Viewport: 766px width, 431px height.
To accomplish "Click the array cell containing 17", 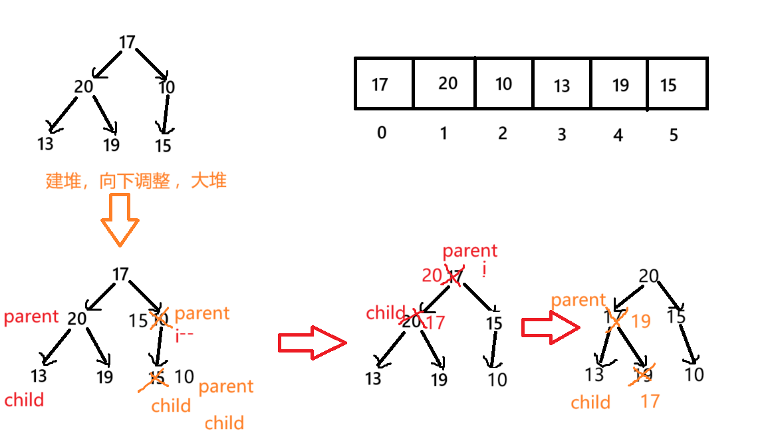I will tap(384, 84).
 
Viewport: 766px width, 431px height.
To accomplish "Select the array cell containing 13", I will tap(562, 84).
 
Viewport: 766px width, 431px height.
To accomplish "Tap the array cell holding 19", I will tap(620, 84).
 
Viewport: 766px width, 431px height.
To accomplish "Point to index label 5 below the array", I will tap(673, 135).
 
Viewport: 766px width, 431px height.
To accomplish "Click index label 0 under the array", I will tap(381, 133).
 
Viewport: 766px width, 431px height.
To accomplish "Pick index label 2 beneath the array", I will tap(502, 133).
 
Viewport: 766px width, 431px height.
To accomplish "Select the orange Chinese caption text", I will tap(136, 181).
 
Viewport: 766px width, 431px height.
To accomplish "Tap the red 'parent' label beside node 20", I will tap(31, 317).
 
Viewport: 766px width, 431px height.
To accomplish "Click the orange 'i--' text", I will tap(184, 336).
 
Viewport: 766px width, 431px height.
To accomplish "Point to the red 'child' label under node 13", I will tap(24, 400).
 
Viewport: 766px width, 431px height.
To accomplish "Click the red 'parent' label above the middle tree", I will tap(469, 251).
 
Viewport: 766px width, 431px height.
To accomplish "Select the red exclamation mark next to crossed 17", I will tap(485, 271).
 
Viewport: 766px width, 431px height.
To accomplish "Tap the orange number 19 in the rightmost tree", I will tap(640, 321).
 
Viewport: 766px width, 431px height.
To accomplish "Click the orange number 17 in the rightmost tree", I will tap(650, 401).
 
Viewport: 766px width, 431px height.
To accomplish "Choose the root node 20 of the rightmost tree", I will tap(649, 277).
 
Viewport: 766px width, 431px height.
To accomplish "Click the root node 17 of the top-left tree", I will tap(127, 43).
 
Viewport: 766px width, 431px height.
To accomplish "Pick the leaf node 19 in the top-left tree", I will tap(111, 144).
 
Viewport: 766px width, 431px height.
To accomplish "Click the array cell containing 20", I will tap(447, 83).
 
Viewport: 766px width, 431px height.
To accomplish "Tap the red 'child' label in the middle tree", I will tap(386, 313).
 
